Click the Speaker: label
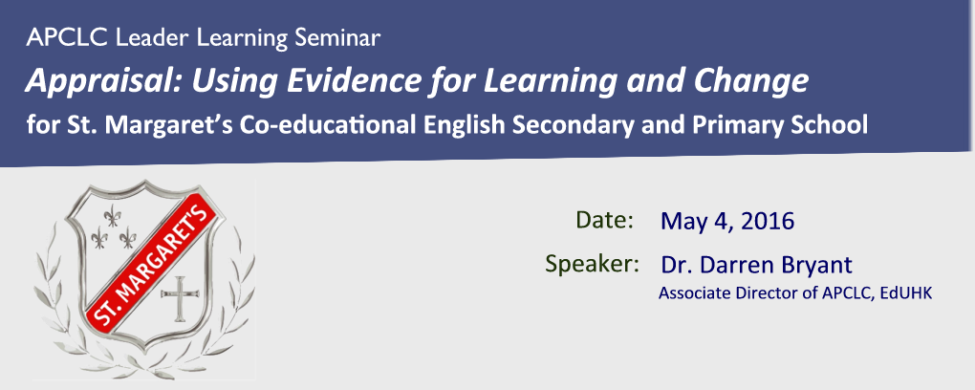pos(593,264)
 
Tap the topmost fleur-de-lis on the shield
pos(112,216)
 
